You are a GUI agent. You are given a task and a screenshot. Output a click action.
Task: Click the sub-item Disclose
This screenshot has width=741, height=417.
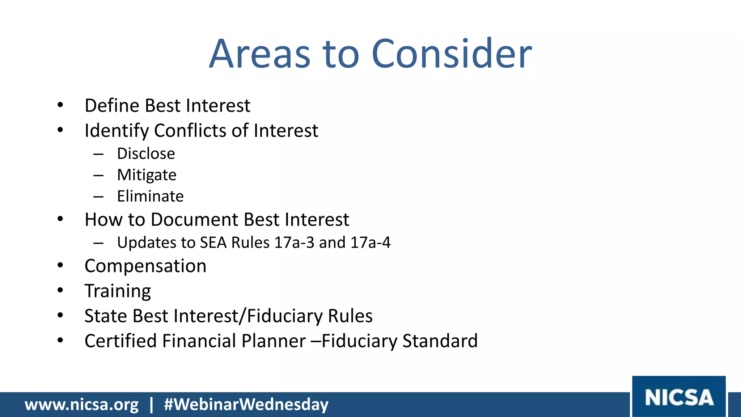[146, 154]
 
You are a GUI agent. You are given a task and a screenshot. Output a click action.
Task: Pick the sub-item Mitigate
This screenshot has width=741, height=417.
[147, 175]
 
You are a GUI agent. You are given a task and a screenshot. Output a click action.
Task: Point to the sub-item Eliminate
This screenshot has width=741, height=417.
[150, 197]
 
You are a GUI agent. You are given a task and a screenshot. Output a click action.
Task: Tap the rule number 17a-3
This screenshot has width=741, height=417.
[294, 243]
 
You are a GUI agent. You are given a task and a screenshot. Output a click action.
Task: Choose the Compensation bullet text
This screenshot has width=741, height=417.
[145, 266]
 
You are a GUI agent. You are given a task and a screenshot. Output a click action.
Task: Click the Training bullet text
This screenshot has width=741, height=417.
[118, 291]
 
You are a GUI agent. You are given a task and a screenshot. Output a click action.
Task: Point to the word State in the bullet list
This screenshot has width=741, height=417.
[106, 316]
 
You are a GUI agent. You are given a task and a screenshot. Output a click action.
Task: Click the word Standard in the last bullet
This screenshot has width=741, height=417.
[440, 341]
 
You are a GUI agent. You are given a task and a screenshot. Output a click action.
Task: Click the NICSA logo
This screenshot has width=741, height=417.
[679, 397]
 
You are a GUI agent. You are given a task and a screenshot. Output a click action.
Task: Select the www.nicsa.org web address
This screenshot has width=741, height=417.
[81, 404]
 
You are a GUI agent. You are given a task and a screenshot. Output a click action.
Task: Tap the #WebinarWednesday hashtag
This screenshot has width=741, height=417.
[246, 404]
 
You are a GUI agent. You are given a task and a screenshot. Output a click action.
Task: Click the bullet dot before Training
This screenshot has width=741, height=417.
[60, 290]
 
